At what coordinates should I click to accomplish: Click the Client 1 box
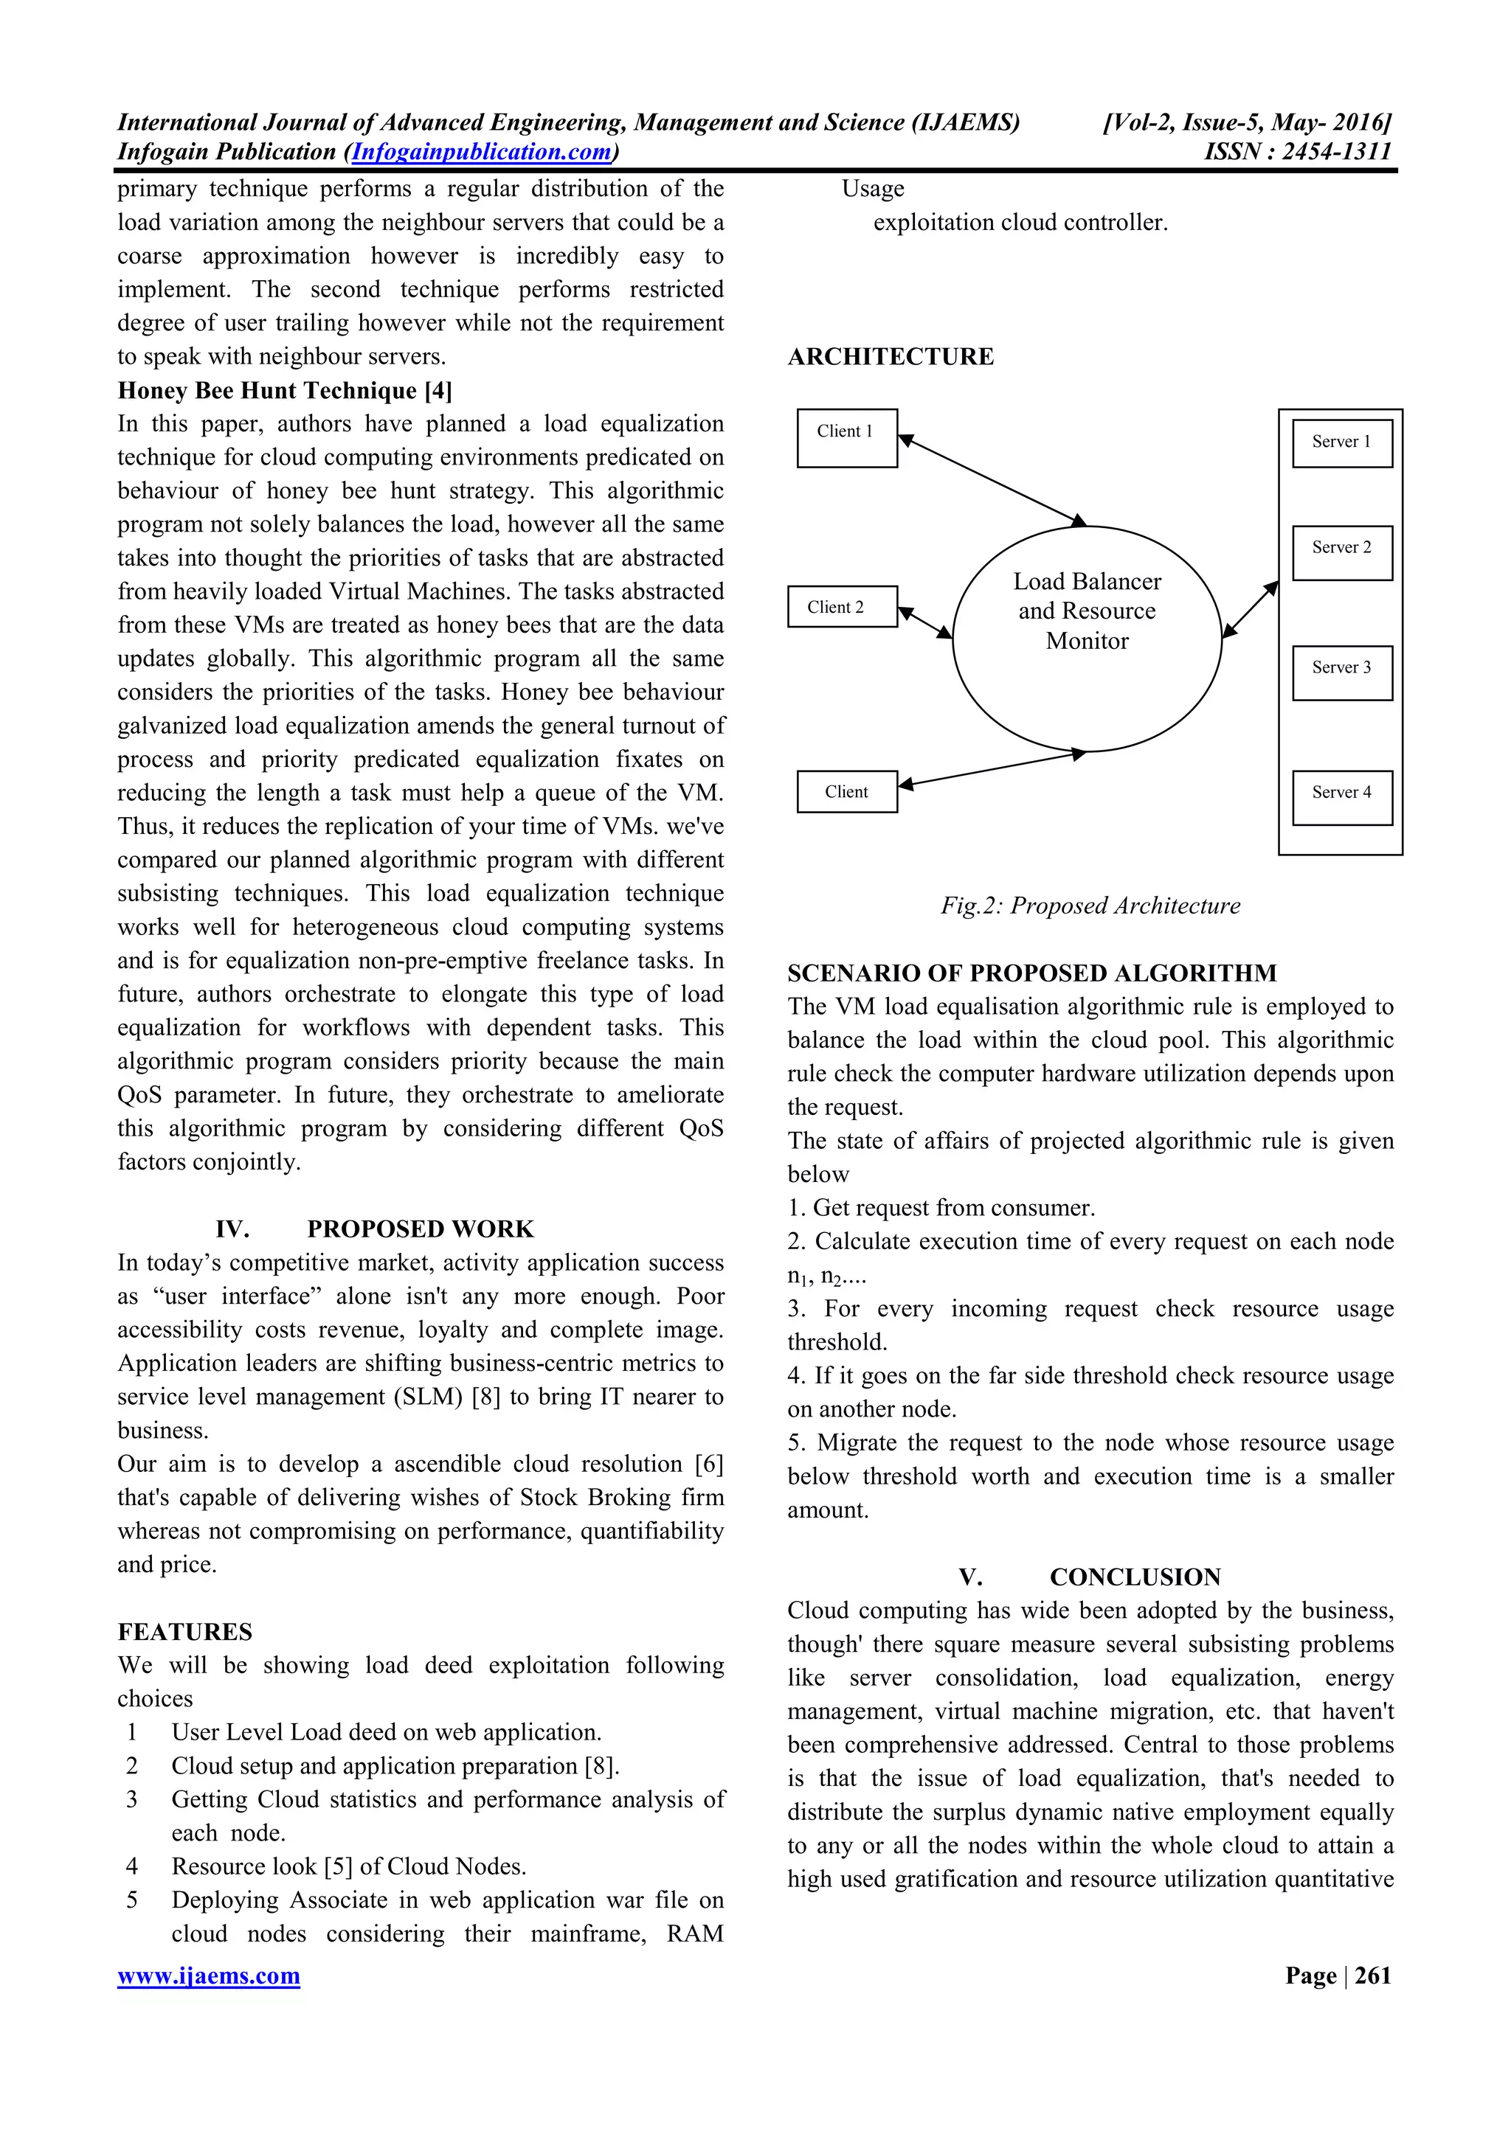point(846,437)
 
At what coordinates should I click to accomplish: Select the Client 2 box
point(842,607)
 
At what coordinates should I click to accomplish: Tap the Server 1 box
point(1341,443)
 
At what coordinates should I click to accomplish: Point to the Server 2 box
point(1341,553)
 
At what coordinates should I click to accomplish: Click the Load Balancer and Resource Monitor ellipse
point(1087,639)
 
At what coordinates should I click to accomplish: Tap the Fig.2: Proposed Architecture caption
point(1089,906)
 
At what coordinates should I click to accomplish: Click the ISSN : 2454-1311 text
point(1297,152)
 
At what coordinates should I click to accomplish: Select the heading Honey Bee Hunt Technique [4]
point(285,390)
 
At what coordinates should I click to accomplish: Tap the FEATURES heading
point(184,1632)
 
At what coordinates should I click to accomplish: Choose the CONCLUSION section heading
point(1134,1577)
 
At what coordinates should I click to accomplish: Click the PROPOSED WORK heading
point(420,1229)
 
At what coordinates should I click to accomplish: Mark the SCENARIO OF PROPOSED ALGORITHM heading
point(1031,973)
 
